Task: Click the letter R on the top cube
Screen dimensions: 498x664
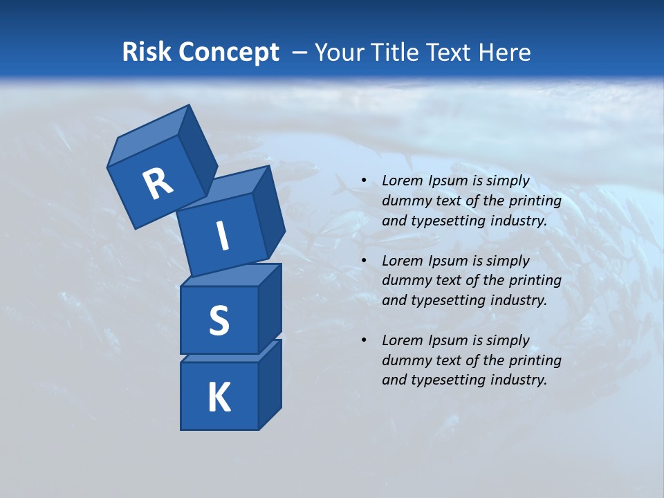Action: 158,184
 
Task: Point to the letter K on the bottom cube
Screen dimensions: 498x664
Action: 219,398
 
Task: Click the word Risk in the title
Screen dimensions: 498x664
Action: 147,53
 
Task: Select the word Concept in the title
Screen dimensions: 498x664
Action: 230,53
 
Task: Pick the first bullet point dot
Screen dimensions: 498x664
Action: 363,181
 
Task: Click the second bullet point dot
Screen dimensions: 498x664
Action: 363,261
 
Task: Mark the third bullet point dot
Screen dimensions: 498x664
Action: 363,340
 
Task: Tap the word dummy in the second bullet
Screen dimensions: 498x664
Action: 404,281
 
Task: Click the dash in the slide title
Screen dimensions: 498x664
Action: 300,53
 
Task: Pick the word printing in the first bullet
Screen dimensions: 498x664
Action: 535,201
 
